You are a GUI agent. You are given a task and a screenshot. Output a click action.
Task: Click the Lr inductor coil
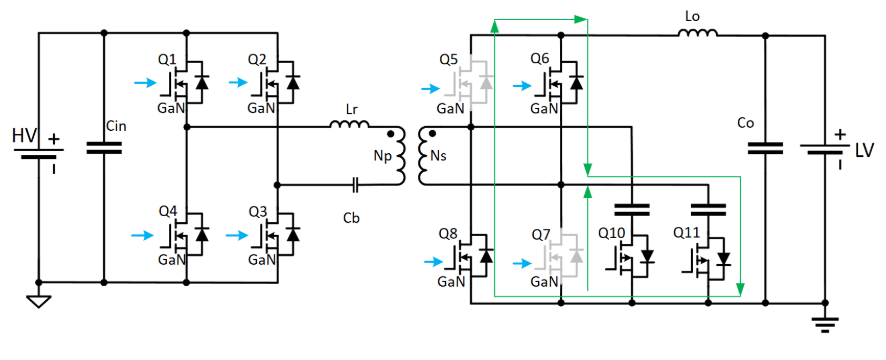(x=350, y=123)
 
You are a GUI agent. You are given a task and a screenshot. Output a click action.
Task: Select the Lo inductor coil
(x=698, y=33)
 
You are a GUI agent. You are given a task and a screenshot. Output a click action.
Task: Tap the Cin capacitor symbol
(x=104, y=148)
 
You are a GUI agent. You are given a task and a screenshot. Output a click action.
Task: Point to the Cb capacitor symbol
(x=356, y=184)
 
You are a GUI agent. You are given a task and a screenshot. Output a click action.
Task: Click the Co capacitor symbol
(x=765, y=148)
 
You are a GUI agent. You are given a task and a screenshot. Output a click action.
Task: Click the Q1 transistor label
(x=167, y=58)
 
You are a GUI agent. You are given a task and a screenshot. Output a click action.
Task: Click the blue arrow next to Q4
(x=142, y=235)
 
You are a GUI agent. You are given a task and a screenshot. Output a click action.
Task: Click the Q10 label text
(x=611, y=232)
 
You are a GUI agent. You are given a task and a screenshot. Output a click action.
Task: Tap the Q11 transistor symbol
(x=709, y=258)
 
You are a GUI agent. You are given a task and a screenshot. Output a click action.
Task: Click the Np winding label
(x=380, y=157)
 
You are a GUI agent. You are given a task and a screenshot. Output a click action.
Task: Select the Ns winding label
(x=439, y=157)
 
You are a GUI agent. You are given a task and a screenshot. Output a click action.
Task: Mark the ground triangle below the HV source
(x=38, y=302)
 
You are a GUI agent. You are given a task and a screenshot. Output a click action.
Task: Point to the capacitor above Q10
(x=632, y=210)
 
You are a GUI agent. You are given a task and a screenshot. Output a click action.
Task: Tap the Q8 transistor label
(x=449, y=232)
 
